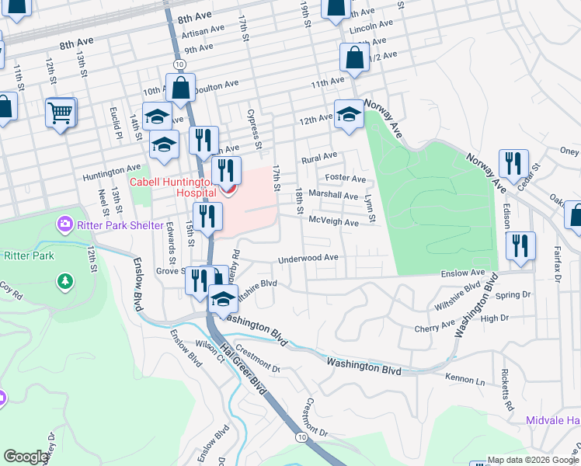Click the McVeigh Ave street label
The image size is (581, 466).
pos(333,222)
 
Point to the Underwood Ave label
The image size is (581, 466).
pos(308,258)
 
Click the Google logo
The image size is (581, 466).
pos(26,457)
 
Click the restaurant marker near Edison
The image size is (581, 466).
pos(520,245)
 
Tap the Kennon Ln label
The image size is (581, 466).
pos(464,381)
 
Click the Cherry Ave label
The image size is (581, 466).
pos(429,329)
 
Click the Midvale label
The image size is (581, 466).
pos(553,420)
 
